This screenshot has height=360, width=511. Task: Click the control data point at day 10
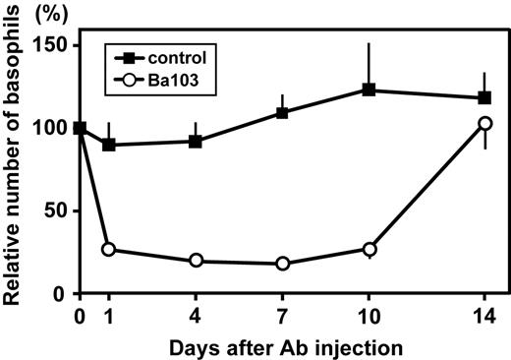[369, 90]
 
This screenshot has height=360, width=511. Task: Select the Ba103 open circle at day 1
[108, 249]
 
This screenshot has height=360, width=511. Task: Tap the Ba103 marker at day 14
[483, 124]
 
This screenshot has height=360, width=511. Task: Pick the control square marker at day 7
[282, 112]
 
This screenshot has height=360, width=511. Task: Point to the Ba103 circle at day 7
[283, 264]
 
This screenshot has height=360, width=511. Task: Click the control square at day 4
[196, 141]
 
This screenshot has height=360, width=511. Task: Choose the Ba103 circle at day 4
[196, 261]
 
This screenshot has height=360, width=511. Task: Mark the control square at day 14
[483, 98]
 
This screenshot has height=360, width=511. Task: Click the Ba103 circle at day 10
[369, 249]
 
